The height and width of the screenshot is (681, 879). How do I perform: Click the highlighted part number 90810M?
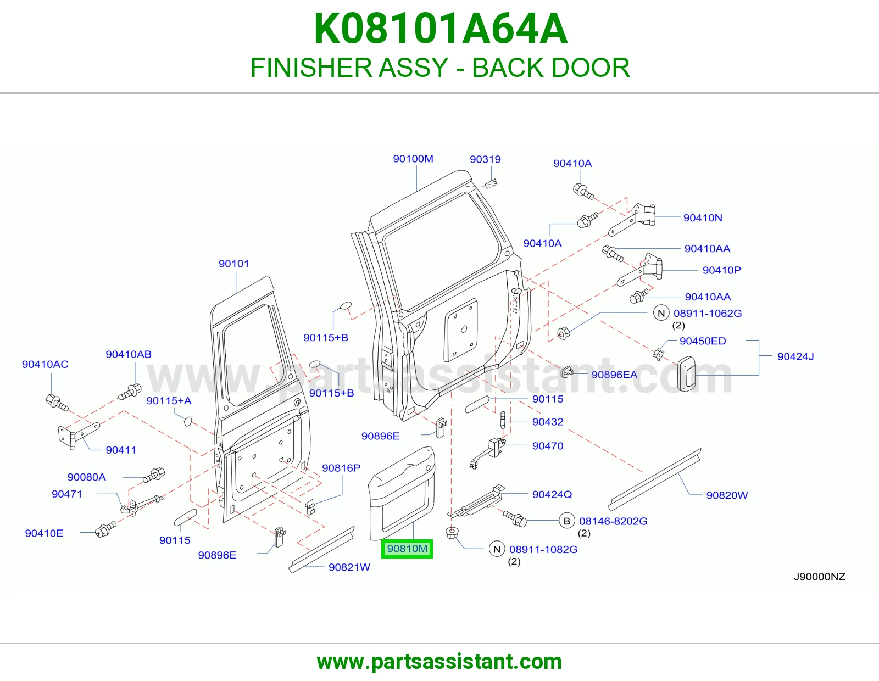(407, 549)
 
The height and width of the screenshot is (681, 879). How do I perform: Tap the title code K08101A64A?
(441, 29)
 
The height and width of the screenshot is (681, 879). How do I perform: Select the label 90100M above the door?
(413, 159)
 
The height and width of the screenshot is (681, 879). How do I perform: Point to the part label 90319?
(485, 159)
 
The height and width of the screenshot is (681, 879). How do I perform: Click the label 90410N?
(703, 217)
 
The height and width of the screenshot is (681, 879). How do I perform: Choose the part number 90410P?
(722, 270)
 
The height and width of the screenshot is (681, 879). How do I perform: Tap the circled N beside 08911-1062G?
(661, 313)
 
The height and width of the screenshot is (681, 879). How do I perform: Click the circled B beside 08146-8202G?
(567, 521)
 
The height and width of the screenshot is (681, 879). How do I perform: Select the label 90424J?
(795, 356)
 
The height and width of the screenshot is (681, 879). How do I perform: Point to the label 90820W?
(727, 495)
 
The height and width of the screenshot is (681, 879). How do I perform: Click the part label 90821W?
(349, 567)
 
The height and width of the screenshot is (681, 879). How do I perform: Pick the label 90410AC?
(45, 364)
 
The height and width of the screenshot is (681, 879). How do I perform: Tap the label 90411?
(121, 450)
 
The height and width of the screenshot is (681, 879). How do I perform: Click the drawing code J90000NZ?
(820, 577)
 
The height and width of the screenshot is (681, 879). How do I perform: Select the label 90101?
(234, 264)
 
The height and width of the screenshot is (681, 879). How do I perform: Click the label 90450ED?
(703, 341)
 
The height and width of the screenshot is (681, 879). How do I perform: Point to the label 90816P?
(341, 468)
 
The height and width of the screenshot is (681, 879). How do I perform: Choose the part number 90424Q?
(552, 494)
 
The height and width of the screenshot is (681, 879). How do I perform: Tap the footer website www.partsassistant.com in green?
(439, 662)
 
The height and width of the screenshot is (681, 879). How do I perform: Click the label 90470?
(548, 445)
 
